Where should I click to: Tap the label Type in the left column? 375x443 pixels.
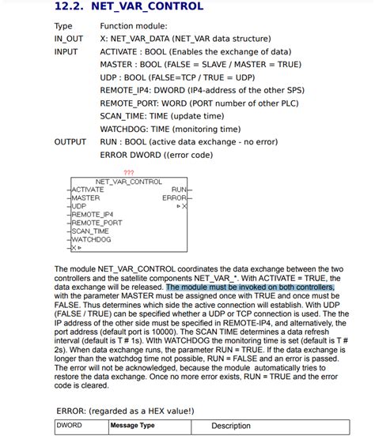[63, 26]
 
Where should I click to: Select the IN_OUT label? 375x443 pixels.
[69, 38]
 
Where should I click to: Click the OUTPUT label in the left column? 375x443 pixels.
[70, 142]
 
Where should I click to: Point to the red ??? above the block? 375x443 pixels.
[129, 172]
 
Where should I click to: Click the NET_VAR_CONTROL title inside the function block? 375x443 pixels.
[129, 181]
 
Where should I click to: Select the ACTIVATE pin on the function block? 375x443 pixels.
[88, 190]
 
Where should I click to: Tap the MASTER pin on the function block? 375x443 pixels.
[85, 197]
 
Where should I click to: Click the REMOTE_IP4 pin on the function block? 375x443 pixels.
[93, 214]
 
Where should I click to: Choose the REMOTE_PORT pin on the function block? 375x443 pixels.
[97, 223]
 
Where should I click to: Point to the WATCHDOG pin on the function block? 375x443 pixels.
[91, 238]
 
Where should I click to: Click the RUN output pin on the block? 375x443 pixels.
[178, 190]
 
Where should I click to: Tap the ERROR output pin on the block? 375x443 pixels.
[174, 197]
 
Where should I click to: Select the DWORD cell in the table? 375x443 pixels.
[69, 426]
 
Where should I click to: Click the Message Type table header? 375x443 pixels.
[132, 426]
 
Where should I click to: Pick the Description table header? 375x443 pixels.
[231, 426]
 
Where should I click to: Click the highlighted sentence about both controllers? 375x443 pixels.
[250, 287]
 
